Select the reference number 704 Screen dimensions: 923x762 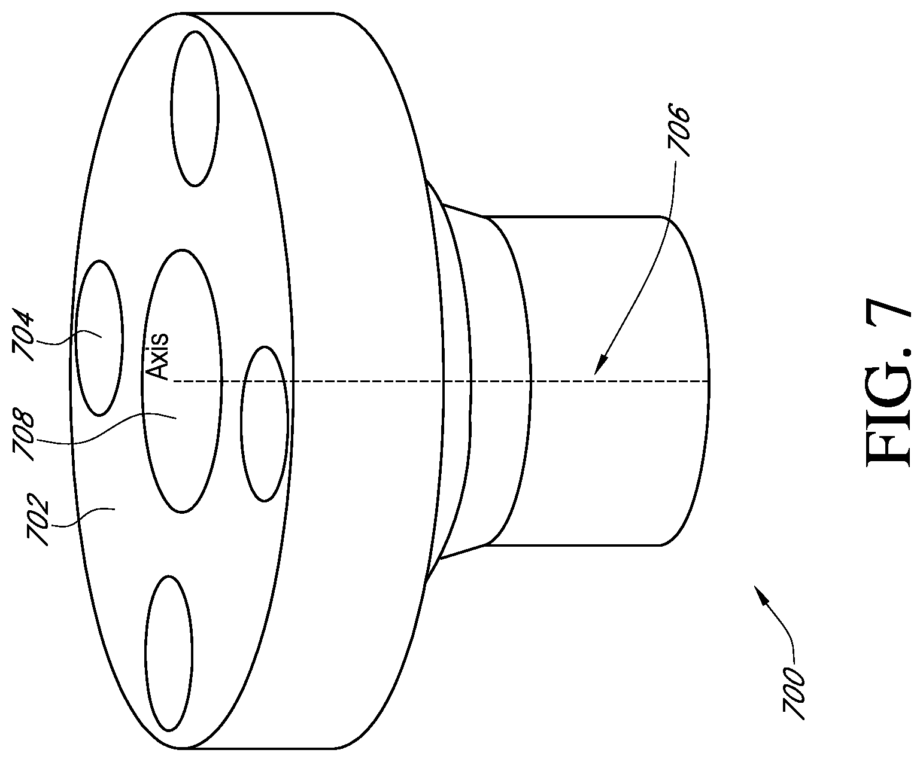pos(23,337)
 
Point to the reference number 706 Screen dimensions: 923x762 pos(678,130)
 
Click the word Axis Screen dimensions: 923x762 pos(157,356)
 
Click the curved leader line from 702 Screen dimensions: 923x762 pos(84,517)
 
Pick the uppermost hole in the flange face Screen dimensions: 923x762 pos(195,108)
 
